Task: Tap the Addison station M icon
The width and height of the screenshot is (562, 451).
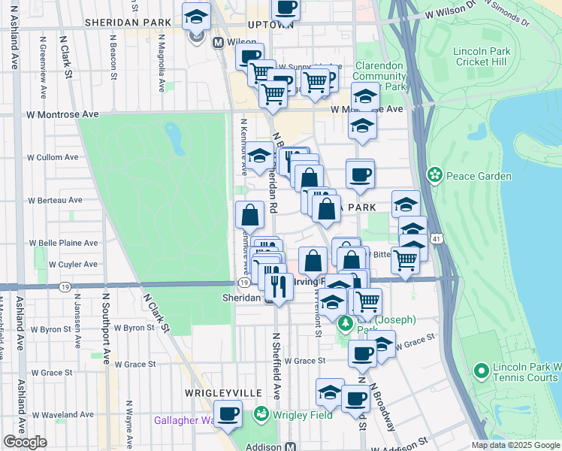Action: pyautogui.click(x=290, y=446)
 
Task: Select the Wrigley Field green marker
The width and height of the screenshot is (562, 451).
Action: pyautogui.click(x=261, y=413)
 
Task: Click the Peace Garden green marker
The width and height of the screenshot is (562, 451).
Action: pyautogui.click(x=434, y=176)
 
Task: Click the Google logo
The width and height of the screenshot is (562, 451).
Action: pyautogui.click(x=26, y=442)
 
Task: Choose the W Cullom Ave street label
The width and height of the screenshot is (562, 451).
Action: pyautogui.click(x=53, y=158)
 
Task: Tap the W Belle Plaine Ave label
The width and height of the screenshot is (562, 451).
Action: pyautogui.click(x=64, y=244)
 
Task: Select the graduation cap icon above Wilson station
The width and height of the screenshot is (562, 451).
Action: pyautogui.click(x=197, y=17)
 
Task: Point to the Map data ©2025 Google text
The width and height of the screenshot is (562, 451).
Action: pyautogui.click(x=516, y=445)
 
